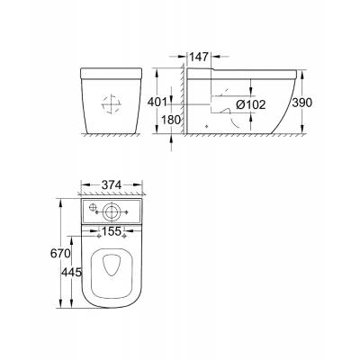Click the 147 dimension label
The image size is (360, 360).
(198, 57)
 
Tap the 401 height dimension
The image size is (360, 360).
(157, 103)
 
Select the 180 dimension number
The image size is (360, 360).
(171, 120)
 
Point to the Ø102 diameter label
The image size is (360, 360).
(251, 104)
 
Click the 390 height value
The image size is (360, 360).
(302, 103)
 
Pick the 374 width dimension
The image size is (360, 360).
(112, 185)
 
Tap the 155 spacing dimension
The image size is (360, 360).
(112, 231)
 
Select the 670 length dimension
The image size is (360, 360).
(60, 254)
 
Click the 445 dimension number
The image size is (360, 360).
(71, 273)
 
